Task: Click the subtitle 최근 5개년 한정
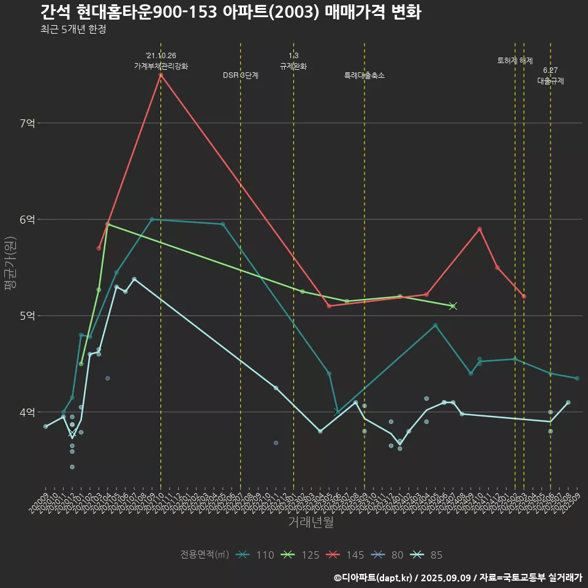point(73,29)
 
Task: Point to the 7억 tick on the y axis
point(27,123)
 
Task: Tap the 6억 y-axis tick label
point(27,219)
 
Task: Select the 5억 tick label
point(27,315)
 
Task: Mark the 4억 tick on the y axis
point(27,412)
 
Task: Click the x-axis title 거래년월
point(311,522)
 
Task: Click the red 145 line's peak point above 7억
point(160,75)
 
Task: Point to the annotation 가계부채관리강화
point(161,66)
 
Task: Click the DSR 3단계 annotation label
point(241,75)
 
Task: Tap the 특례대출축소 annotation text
point(364,75)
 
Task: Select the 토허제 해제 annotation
point(515,61)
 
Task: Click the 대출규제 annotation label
point(551,80)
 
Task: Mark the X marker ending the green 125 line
point(453,306)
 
